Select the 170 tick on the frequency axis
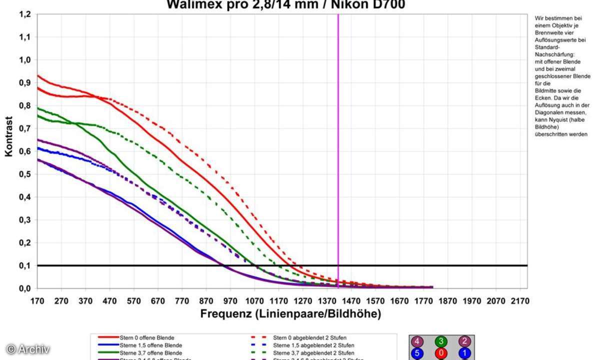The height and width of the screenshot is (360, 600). click(x=37, y=301)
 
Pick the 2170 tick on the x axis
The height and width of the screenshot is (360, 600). click(x=518, y=301)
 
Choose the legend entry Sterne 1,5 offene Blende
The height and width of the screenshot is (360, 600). click(x=150, y=345)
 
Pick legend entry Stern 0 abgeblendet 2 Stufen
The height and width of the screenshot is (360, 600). click(x=310, y=338)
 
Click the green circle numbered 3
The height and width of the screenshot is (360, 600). click(x=441, y=342)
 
